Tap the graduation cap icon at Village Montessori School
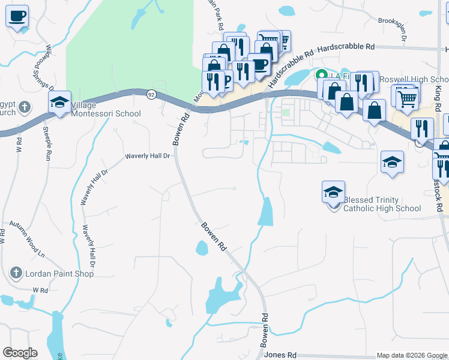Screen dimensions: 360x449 (x=60, y=103)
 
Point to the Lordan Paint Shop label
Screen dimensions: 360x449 (x=59, y=274)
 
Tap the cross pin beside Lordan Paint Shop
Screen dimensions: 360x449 (x=16, y=274)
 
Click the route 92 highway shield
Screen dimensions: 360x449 (x=151, y=94)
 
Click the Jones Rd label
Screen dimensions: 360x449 (x=280, y=355)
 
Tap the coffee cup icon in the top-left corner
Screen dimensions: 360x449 (x=17, y=16)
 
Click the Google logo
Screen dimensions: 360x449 (x=20, y=353)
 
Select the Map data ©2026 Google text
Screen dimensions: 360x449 (x=411, y=356)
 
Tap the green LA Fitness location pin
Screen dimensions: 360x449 (x=321, y=75)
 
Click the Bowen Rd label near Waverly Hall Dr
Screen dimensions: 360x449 (x=178, y=128)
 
